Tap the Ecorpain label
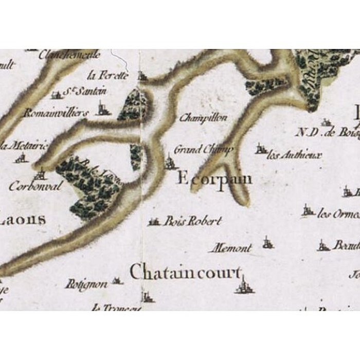[x=215, y=179]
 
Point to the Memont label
[x=230, y=248]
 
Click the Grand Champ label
[x=204, y=150]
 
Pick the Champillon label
[x=203, y=118]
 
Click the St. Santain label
[x=85, y=92]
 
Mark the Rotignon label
[x=86, y=284]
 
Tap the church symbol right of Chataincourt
[x=244, y=284]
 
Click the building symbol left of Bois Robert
[x=154, y=222]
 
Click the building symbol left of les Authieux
[x=261, y=150]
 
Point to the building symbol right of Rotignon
[x=118, y=281]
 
